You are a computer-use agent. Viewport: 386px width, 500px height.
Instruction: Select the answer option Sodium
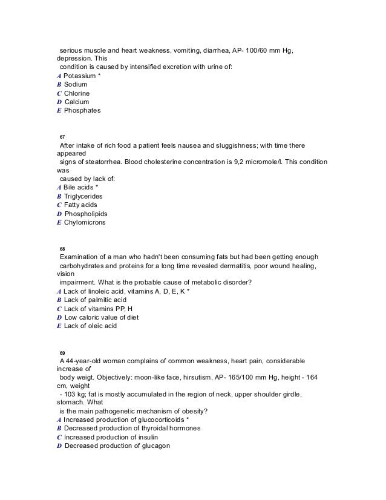[76, 85]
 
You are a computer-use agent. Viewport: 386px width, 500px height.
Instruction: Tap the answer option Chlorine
[78, 94]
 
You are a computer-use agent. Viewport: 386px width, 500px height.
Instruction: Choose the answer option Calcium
[77, 102]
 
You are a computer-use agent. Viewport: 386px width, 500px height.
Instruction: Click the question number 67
[62, 137]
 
